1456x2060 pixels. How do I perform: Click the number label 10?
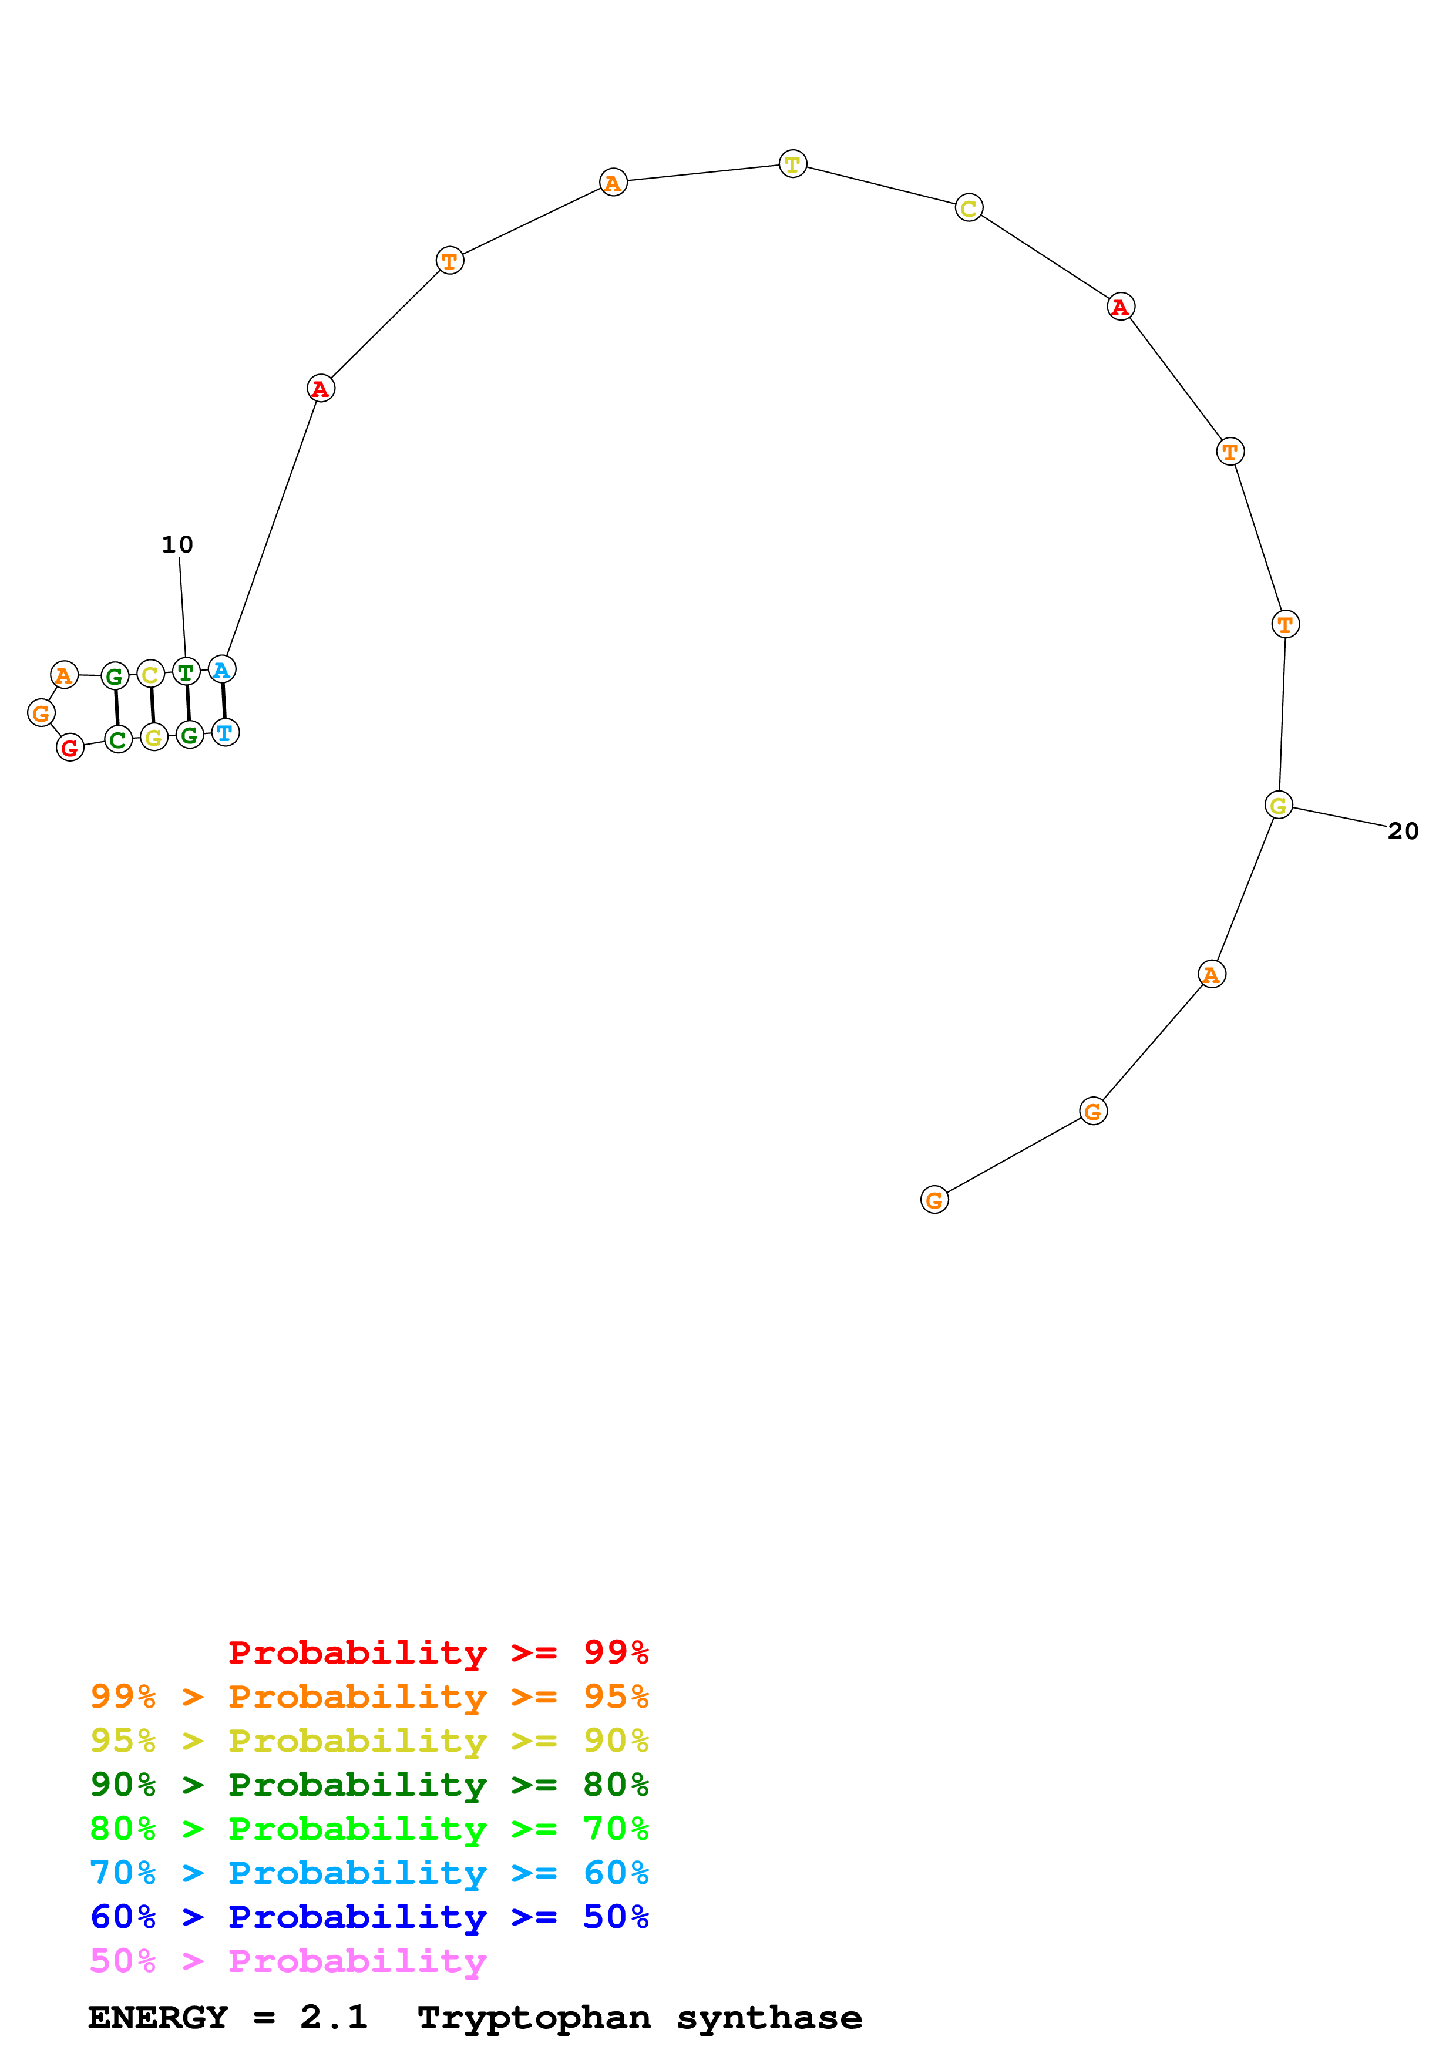click(x=177, y=544)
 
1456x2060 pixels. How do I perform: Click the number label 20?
click(x=1403, y=832)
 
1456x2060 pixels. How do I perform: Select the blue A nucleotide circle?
click(x=221, y=669)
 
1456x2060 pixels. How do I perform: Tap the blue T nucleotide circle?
click(x=225, y=733)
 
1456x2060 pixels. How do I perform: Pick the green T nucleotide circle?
click(x=186, y=671)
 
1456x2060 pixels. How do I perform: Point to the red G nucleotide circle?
click(x=70, y=748)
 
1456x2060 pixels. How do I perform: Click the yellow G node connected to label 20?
click(x=1279, y=806)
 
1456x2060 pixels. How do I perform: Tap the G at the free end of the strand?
click(x=935, y=1200)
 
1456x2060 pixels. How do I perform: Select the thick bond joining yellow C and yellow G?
click(x=153, y=705)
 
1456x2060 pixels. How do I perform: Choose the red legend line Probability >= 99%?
click(x=438, y=1652)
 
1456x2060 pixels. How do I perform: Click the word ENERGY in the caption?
click(x=158, y=2018)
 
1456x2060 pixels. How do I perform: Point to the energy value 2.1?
click(x=334, y=2018)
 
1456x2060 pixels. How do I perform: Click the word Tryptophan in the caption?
click(x=534, y=2018)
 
